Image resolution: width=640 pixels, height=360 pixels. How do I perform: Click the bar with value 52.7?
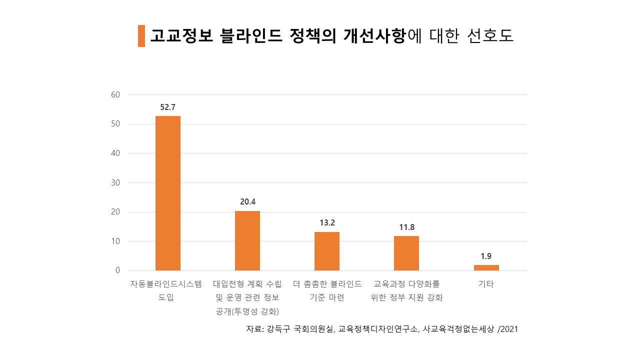coord(167,193)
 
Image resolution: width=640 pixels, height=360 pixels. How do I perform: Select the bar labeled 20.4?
coord(247,240)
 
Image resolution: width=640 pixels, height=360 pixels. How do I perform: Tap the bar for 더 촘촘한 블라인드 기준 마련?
coord(327,251)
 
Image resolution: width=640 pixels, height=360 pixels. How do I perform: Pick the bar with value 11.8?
coord(406,253)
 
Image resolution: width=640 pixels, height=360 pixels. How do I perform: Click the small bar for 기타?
coord(486,267)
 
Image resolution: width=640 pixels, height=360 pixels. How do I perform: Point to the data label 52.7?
coord(168,107)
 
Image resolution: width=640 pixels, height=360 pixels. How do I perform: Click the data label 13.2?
coord(327,222)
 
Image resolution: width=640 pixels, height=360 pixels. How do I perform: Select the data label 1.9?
coord(486,256)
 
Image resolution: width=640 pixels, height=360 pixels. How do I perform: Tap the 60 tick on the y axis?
coord(115,94)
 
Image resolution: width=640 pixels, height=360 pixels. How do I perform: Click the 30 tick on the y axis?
coord(115,182)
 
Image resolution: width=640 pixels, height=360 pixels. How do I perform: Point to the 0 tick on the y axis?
coord(118,270)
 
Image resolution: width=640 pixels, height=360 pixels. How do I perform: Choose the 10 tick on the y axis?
coord(115,241)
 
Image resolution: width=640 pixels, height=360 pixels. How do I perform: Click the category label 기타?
coord(486,284)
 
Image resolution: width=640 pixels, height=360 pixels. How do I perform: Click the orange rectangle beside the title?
coord(141,36)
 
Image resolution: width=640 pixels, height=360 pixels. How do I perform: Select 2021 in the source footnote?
coord(509,329)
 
